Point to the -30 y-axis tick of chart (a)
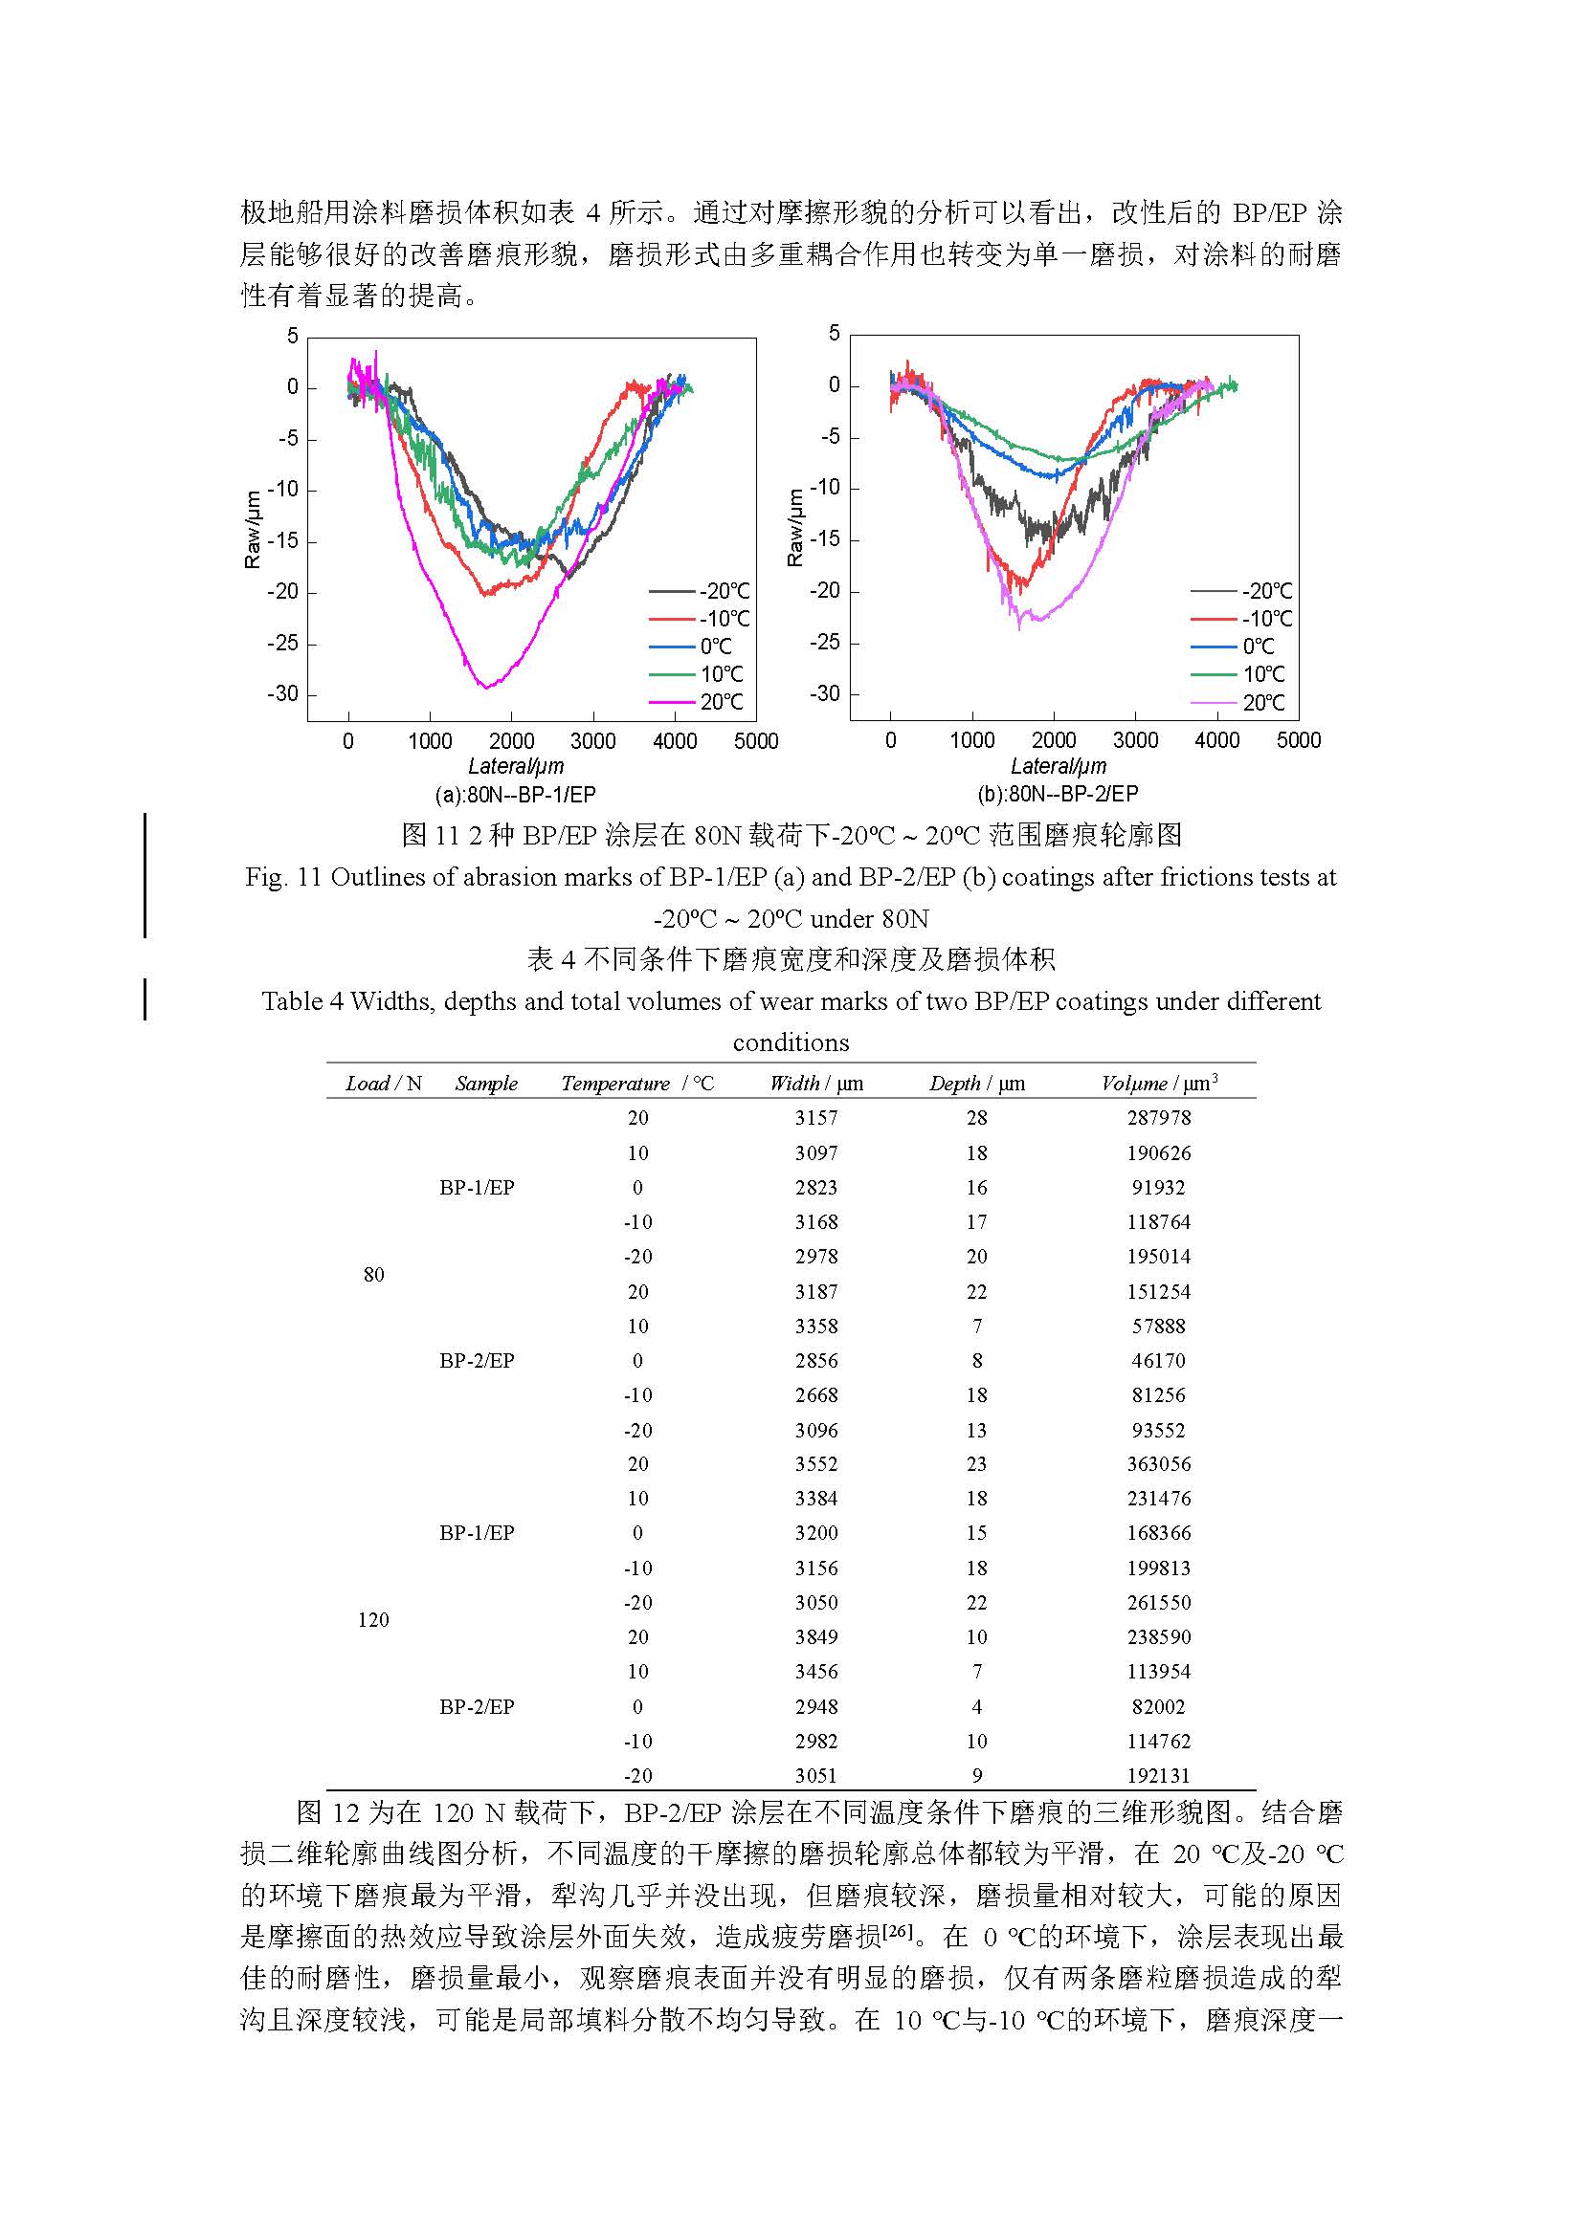point(282,693)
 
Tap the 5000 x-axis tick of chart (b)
point(1299,740)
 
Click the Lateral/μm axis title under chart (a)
point(516,766)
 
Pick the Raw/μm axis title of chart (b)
point(795,527)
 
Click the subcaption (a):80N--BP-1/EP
point(516,794)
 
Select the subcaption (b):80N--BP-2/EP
point(1058,794)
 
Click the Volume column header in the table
point(1159,1083)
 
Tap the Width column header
point(815,1084)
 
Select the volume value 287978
point(1159,1117)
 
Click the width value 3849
point(815,1636)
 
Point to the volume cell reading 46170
point(1159,1360)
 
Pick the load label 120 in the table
point(373,1619)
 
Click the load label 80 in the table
point(373,1274)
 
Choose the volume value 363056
point(1159,1463)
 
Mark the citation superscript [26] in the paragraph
point(897,1929)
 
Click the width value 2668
point(815,1394)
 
